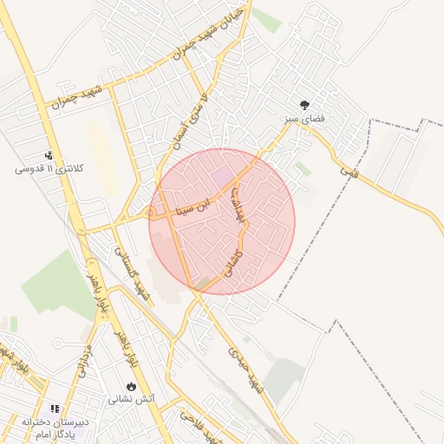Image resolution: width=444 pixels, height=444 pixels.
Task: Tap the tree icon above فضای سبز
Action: (x=304, y=102)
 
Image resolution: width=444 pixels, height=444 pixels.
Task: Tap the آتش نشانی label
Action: (x=130, y=401)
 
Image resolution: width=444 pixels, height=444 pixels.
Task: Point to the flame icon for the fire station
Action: (x=131, y=387)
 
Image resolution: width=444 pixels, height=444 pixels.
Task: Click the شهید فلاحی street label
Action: (x=199, y=424)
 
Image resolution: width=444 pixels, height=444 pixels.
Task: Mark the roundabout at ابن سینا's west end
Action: (x=153, y=214)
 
